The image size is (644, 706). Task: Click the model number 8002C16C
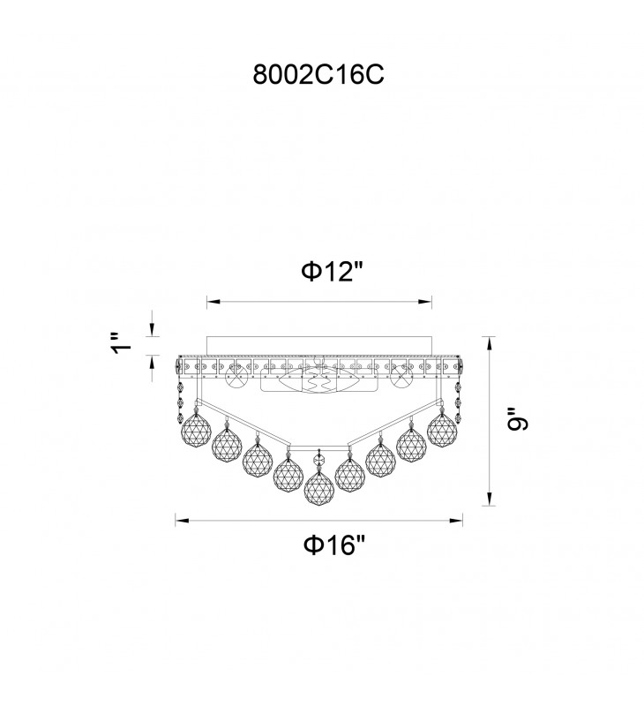point(318,74)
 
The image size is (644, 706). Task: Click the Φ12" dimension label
point(332,272)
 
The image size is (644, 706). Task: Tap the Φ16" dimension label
point(333,545)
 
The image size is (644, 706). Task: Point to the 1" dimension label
point(122,343)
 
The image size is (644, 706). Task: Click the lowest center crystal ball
point(319,488)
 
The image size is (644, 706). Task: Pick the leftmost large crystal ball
point(196,428)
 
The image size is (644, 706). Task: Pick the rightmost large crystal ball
point(442,428)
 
